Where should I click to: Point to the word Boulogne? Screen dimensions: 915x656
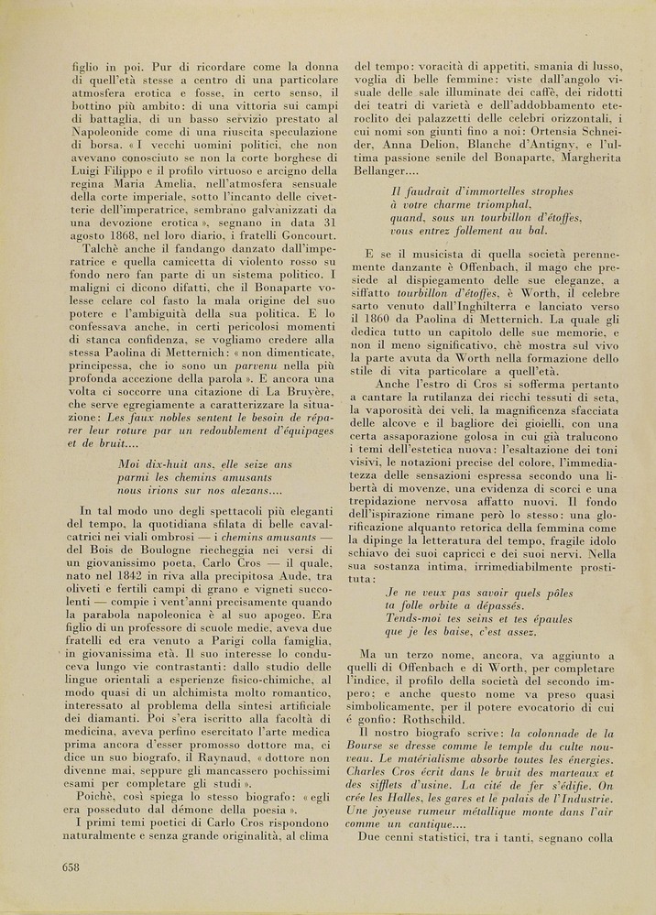point(148,537)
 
